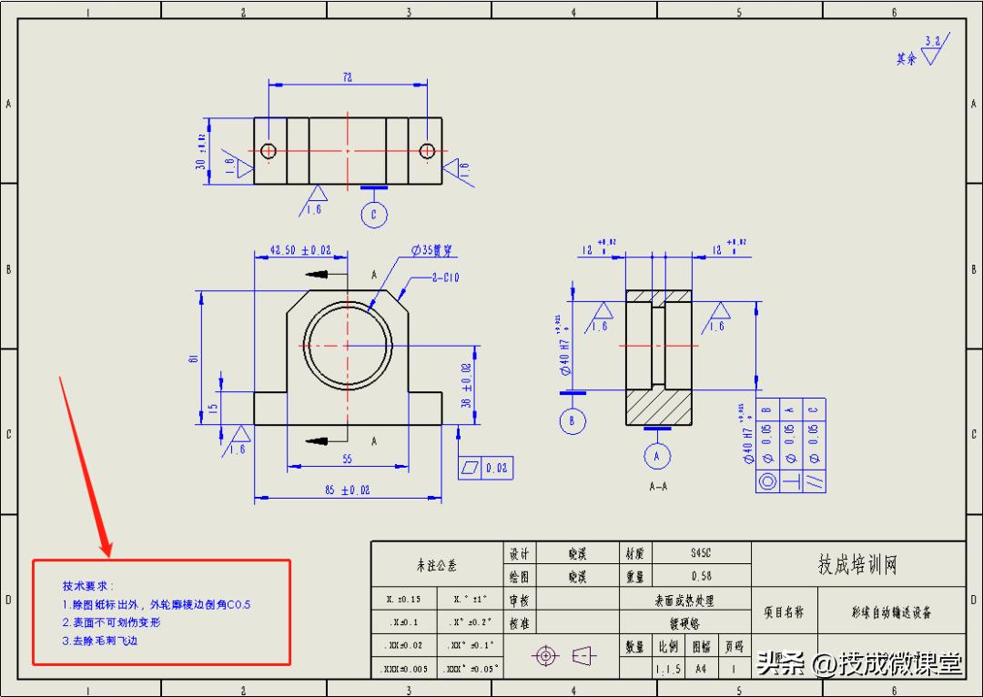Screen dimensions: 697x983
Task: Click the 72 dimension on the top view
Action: pos(348,78)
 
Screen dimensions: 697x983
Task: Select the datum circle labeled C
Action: pos(374,214)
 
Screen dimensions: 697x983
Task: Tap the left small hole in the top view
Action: pos(269,150)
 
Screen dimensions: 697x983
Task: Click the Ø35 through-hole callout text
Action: pos(434,250)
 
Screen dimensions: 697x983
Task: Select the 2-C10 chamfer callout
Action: pos(445,278)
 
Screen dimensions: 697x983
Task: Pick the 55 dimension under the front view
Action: pos(347,459)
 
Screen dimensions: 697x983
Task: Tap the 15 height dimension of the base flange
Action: pos(214,409)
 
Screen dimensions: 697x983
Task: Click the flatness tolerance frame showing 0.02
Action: pos(486,468)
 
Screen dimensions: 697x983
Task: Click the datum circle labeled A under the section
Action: pos(657,455)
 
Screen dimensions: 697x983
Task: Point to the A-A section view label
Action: pos(658,487)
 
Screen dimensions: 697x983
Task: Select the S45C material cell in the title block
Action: pos(700,552)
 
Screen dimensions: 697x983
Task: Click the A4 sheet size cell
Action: pos(700,669)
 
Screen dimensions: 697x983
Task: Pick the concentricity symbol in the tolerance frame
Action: pos(766,481)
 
